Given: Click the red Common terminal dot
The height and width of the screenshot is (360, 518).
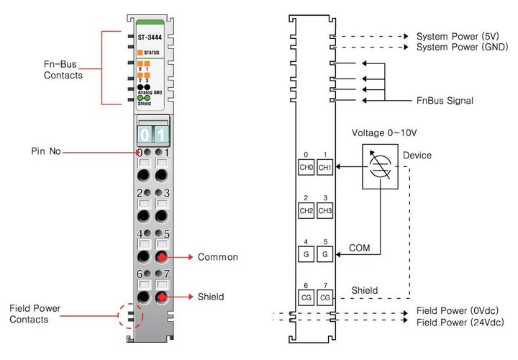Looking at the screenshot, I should click(x=163, y=257).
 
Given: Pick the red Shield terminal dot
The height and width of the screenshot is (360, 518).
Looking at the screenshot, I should click(x=163, y=297).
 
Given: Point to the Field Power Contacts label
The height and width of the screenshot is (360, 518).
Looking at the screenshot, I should click(x=35, y=314).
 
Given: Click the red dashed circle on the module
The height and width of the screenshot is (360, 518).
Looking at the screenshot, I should click(x=129, y=314).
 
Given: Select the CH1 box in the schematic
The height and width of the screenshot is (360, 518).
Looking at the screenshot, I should click(x=325, y=167).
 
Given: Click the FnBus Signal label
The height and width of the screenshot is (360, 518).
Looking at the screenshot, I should click(x=445, y=101).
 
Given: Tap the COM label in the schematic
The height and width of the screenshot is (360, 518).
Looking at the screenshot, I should click(x=360, y=247).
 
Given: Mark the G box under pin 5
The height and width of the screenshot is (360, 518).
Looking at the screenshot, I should click(x=325, y=253).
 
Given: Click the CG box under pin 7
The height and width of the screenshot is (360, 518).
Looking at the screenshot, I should click(x=325, y=297).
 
